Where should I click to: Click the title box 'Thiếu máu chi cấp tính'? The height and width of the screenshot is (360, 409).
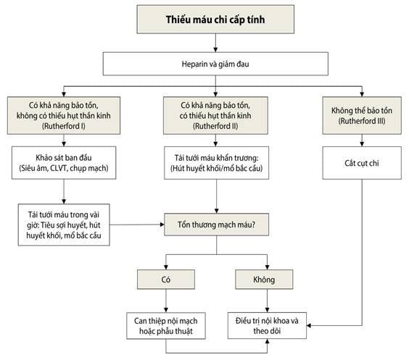215,20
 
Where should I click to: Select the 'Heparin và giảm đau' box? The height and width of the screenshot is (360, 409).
215,64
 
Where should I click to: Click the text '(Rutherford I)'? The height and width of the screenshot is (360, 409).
64,126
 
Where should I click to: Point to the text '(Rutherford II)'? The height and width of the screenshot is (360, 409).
215,126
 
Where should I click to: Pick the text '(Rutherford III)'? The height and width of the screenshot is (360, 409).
362,121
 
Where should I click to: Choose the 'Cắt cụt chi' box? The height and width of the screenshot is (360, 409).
362,163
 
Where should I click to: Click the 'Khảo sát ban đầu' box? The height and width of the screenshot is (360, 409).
64,162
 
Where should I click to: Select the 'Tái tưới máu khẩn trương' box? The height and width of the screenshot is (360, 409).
217,163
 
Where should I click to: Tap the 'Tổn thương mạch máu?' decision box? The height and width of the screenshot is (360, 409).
217,225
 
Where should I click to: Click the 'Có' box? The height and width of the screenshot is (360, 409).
166,280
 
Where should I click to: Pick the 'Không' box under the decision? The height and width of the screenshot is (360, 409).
264,280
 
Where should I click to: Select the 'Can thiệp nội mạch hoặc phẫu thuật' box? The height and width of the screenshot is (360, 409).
166,326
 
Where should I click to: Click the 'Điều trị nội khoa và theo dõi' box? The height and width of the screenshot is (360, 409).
267,326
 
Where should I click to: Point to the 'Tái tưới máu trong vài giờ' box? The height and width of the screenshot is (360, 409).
64,225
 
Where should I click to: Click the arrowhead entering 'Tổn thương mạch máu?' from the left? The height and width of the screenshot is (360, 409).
162,225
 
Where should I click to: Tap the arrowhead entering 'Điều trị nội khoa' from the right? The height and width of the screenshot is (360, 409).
309,325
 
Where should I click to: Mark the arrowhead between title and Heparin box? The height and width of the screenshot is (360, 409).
215,50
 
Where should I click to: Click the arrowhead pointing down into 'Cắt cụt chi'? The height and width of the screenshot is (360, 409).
362,144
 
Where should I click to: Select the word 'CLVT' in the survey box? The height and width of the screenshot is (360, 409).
59,168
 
